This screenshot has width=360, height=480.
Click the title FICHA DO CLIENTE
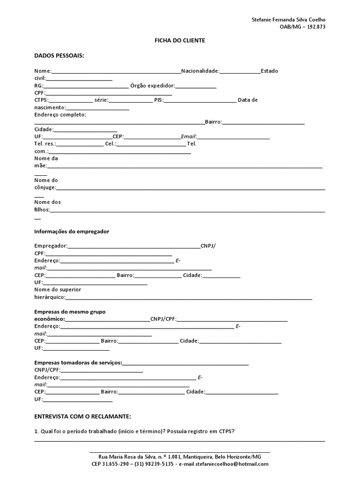tap(180, 41)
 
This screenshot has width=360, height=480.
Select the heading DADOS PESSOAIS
tap(59, 55)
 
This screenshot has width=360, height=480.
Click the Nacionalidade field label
tap(200, 71)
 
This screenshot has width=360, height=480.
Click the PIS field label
tap(159, 100)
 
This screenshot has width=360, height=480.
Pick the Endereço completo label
tap(60, 114)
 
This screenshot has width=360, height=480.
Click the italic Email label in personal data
tap(188, 136)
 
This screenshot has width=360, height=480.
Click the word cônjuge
tap(45, 187)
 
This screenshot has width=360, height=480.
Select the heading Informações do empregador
tap(72, 232)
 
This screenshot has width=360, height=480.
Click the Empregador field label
tap(51, 246)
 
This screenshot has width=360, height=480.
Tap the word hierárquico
tap(50, 297)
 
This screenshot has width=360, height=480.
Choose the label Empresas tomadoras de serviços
tap(78, 363)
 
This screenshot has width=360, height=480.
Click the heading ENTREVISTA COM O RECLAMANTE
tap(83, 416)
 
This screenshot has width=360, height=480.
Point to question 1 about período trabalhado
tap(135, 431)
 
